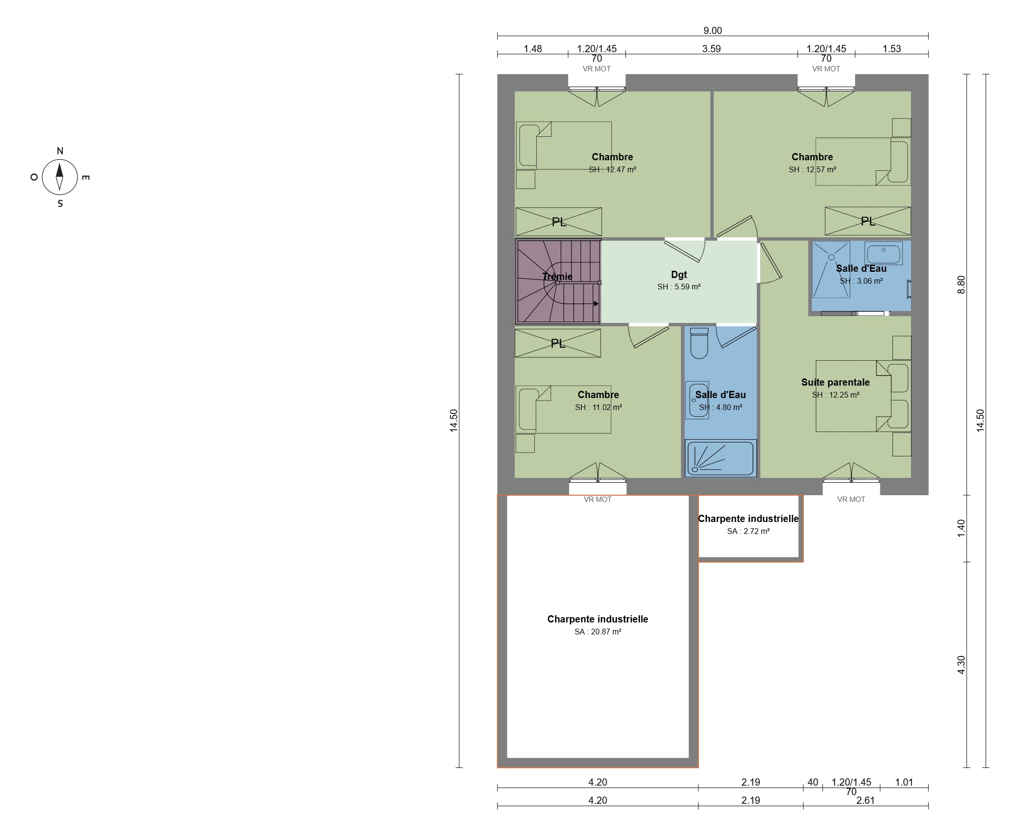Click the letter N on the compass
60,151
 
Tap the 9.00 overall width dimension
713,31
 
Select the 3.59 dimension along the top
711,49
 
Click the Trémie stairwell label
557,276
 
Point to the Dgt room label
679,275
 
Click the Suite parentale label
835,382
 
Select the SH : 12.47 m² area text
612,169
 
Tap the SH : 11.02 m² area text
598,407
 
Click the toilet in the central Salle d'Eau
699,343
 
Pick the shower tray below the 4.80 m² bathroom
720,459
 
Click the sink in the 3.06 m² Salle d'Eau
883,253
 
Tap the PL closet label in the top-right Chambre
867,221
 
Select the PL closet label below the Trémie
558,343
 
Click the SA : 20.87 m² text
597,632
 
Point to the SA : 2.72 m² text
748,531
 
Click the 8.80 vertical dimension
961,285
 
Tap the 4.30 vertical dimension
961,665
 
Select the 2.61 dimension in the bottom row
866,800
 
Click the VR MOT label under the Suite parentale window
851,499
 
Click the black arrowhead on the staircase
596,304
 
